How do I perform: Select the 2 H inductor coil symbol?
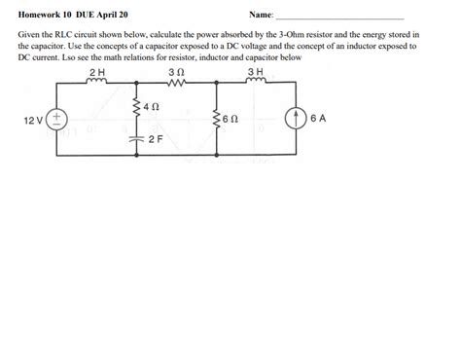pos(96,84)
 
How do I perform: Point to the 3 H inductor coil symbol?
pos(255,84)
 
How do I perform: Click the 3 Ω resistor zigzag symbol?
pos(175,84)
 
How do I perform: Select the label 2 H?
pos(95,73)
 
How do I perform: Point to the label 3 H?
pos(255,73)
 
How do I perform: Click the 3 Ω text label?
pos(176,73)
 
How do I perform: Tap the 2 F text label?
pos(156,140)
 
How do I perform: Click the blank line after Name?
pos(340,18)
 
